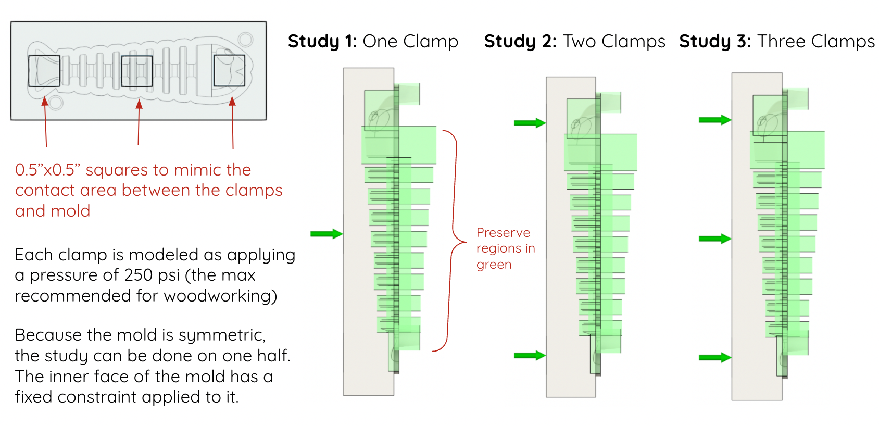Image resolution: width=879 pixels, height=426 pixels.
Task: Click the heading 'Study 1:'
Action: tap(322, 41)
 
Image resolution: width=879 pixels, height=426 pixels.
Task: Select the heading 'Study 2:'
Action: tap(520, 41)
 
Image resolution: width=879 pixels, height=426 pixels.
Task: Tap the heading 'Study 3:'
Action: tap(714, 41)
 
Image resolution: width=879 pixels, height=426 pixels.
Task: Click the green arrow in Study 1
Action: tap(326, 234)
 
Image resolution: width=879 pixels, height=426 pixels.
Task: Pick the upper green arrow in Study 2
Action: tap(529, 123)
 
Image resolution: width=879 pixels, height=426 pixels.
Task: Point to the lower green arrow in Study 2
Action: tap(529, 356)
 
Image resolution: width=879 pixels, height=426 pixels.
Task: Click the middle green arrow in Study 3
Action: tap(714, 239)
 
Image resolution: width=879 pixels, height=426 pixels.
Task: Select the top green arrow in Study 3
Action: tap(714, 120)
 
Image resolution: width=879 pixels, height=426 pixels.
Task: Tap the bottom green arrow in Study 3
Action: tap(714, 358)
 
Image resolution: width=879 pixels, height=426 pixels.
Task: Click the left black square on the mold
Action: tap(44, 71)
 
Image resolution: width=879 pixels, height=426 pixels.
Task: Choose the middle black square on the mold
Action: tap(137, 71)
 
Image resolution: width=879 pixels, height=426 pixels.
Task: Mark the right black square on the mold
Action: tap(229, 70)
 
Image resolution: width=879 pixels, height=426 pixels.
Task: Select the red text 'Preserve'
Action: tap(503, 233)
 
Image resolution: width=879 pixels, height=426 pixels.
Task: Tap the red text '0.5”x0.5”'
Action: tap(47, 170)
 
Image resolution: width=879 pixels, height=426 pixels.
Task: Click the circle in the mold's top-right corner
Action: tap(246, 40)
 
